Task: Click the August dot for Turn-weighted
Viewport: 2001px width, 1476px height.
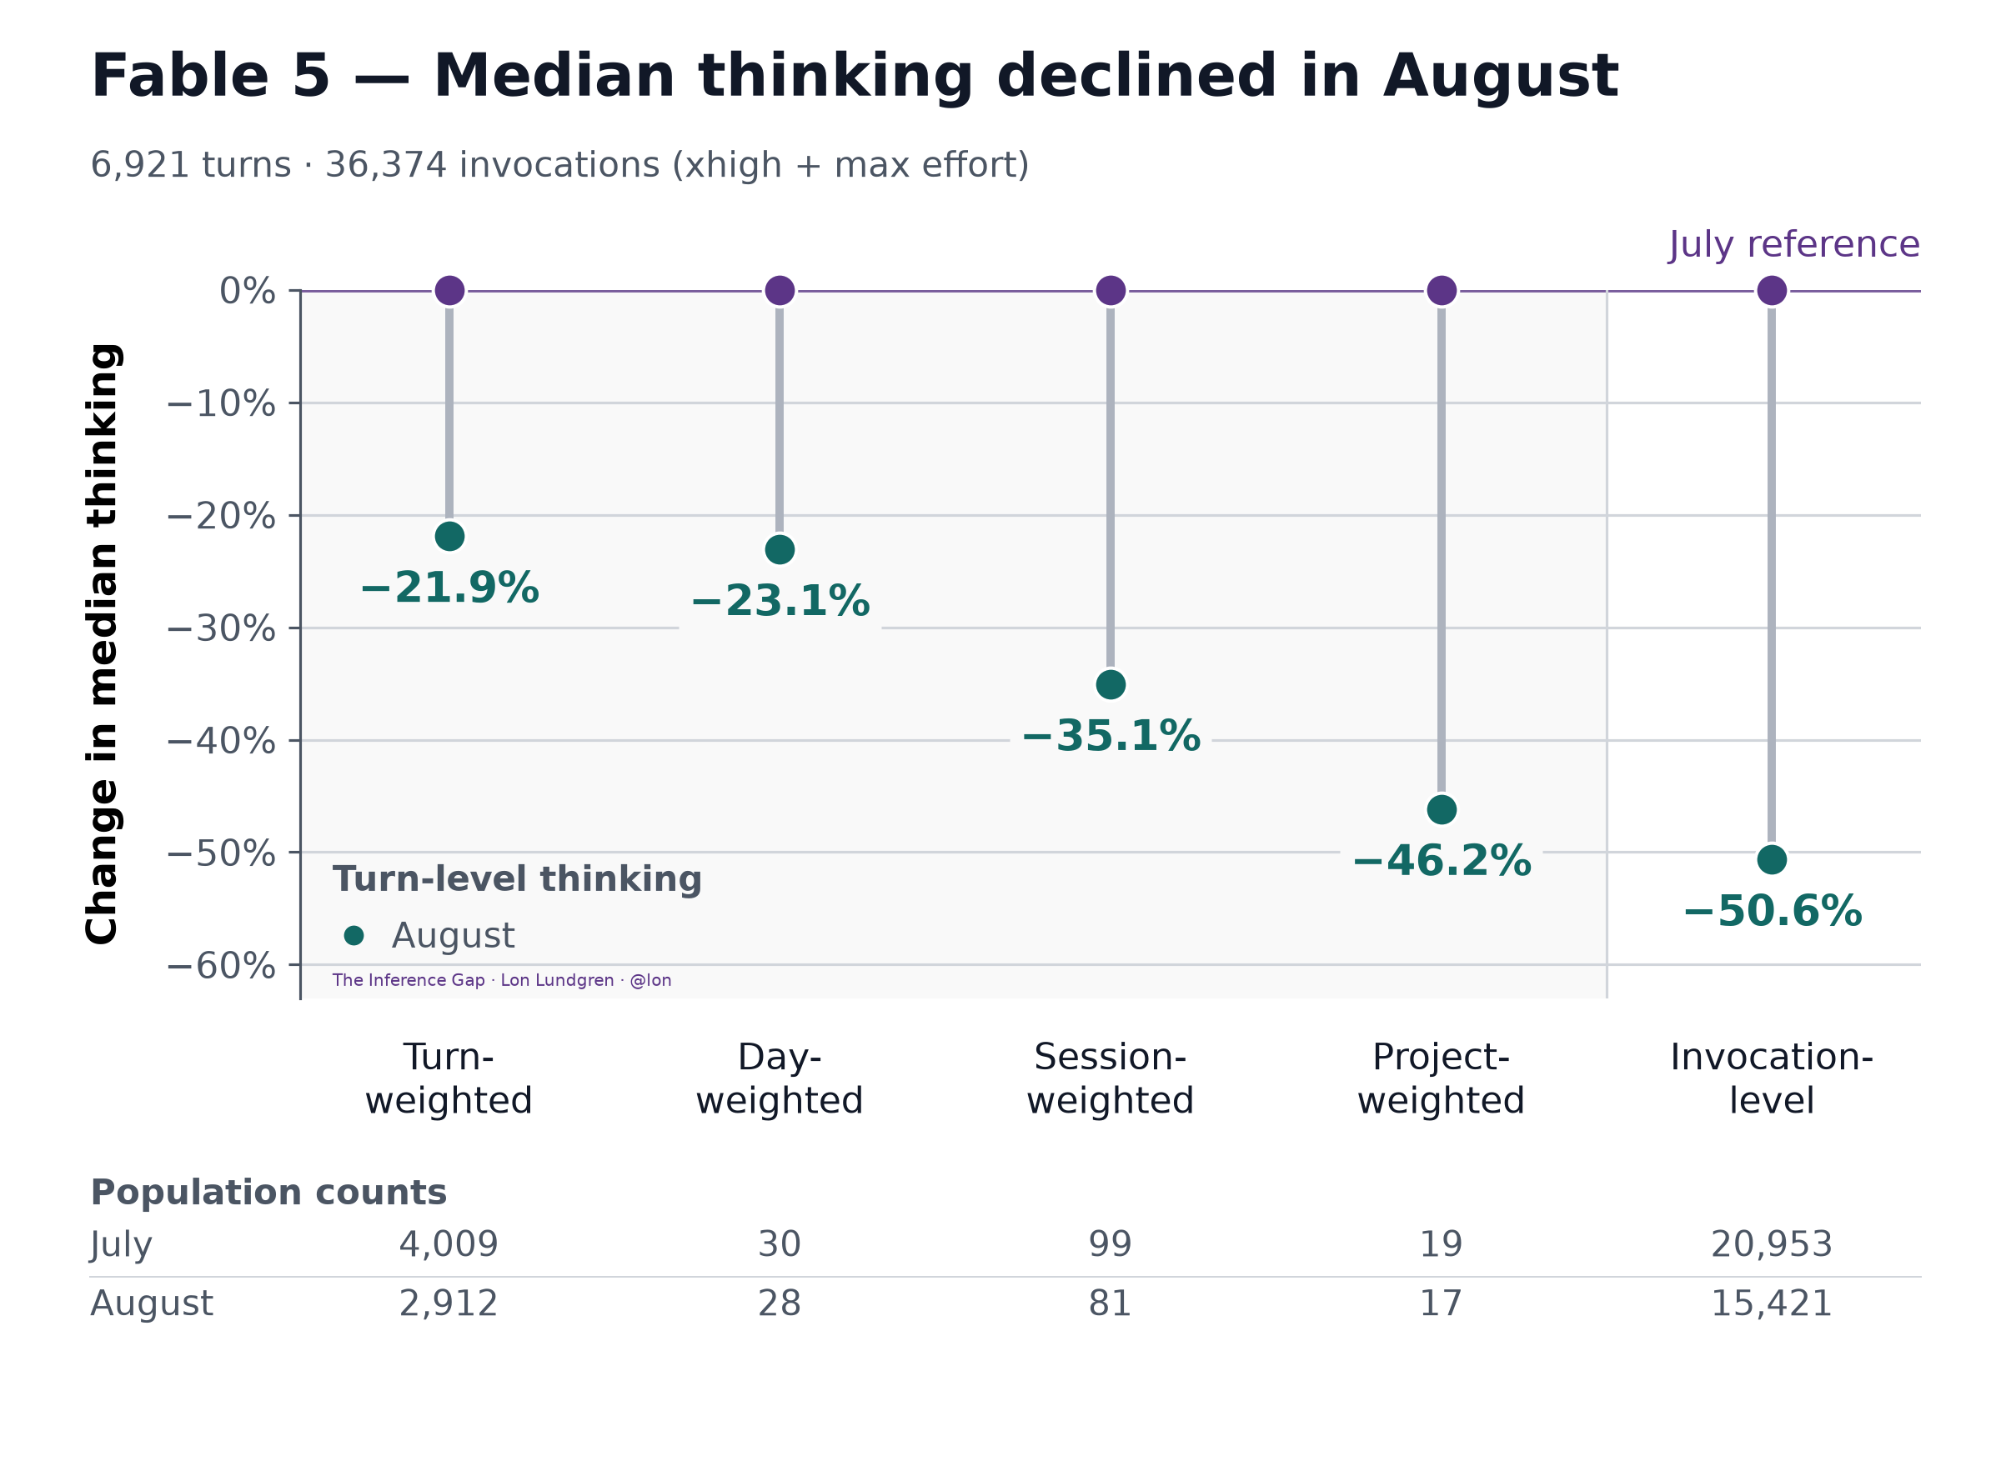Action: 449,537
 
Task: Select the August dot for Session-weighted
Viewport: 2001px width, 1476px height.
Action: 1111,685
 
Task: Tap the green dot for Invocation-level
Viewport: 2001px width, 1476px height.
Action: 1773,859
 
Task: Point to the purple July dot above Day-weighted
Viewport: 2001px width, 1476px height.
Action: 780,290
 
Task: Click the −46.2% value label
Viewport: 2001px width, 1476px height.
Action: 1442,861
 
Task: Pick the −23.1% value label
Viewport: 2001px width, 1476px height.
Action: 780,601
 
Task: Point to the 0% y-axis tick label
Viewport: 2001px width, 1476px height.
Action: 248,291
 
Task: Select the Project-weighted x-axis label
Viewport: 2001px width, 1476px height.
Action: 1442,1079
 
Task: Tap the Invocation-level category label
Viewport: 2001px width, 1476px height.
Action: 1773,1079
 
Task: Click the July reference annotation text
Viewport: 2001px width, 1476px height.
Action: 1794,244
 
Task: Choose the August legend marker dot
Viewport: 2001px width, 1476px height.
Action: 354,935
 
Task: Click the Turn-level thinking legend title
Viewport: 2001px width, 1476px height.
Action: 518,880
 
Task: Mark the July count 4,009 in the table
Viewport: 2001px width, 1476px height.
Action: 449,1244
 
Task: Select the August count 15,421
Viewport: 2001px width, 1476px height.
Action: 1772,1304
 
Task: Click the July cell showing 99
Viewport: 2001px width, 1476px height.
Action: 1110,1244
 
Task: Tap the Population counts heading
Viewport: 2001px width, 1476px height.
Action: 268,1193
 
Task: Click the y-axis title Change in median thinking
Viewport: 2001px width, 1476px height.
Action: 103,644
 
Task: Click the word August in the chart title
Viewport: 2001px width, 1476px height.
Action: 1501,77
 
